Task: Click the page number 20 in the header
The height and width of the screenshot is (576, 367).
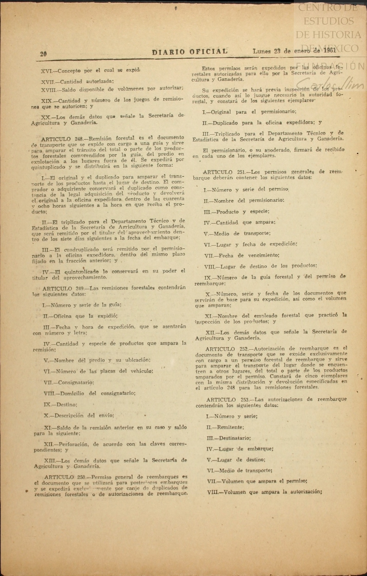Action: click(x=43, y=54)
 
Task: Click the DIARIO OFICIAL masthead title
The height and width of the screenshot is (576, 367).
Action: click(x=190, y=52)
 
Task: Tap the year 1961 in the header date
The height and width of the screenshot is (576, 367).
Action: click(x=330, y=50)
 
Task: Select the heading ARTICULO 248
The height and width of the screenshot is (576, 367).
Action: click(x=62, y=139)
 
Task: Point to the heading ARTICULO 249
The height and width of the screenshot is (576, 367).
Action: click(x=63, y=289)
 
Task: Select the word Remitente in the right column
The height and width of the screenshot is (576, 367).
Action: click(x=230, y=427)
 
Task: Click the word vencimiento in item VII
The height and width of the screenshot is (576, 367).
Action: click(x=264, y=255)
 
